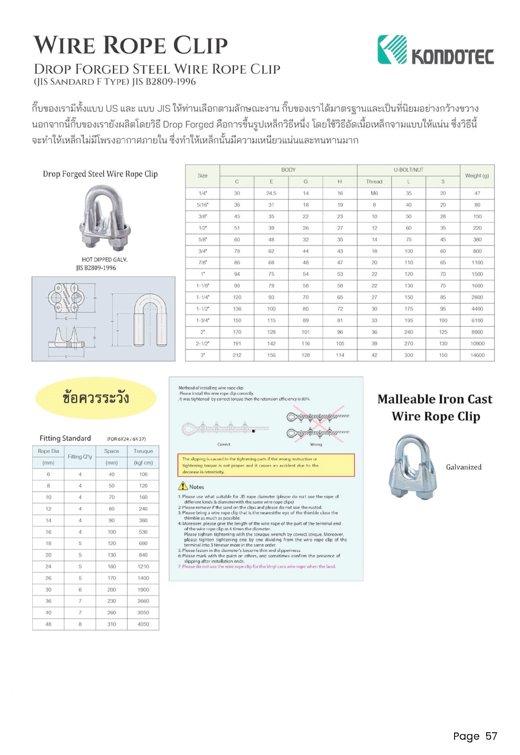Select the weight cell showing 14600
(x=477, y=355)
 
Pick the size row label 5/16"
(x=203, y=205)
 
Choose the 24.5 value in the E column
(x=271, y=193)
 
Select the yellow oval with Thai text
(x=96, y=398)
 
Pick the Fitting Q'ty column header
(x=80, y=457)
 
